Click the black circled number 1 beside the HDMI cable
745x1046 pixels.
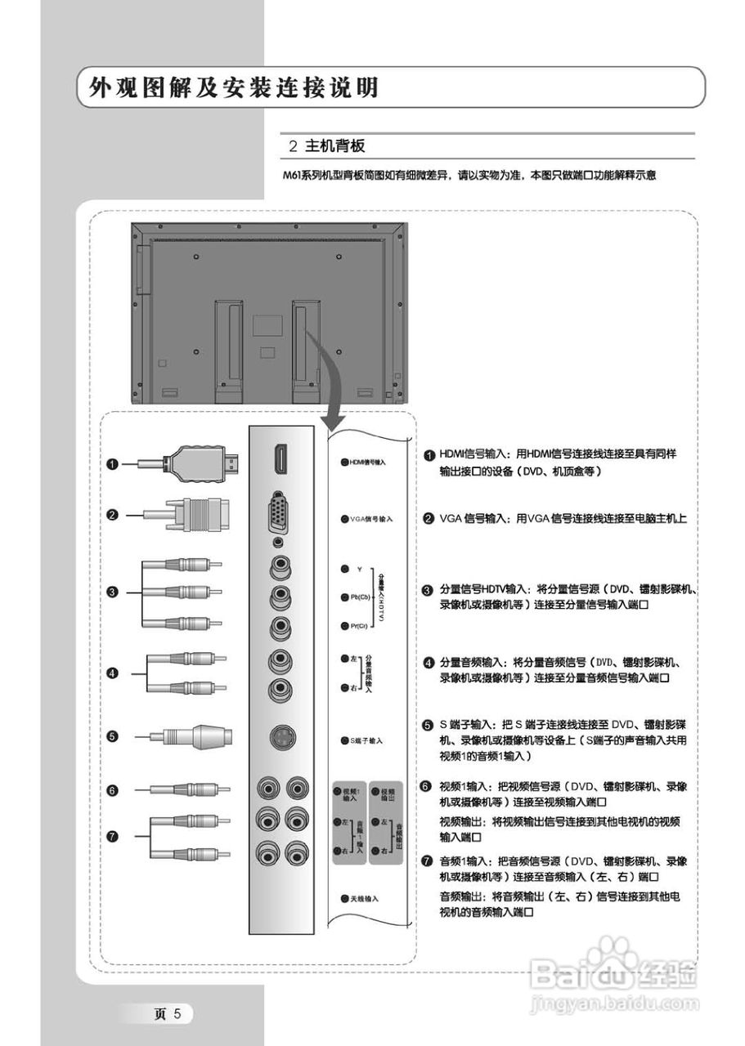pyautogui.click(x=113, y=463)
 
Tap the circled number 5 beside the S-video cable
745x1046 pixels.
pyautogui.click(x=113, y=736)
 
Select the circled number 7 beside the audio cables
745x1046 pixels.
pyautogui.click(x=113, y=835)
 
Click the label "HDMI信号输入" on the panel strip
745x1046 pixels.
pyautogui.click(x=366, y=462)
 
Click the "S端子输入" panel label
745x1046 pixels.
pyautogui.click(x=365, y=740)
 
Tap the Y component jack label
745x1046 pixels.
pyautogui.click(x=359, y=568)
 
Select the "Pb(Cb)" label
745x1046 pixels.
pyautogui.click(x=361, y=597)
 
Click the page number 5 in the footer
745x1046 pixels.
pyautogui.click(x=186, y=1014)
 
